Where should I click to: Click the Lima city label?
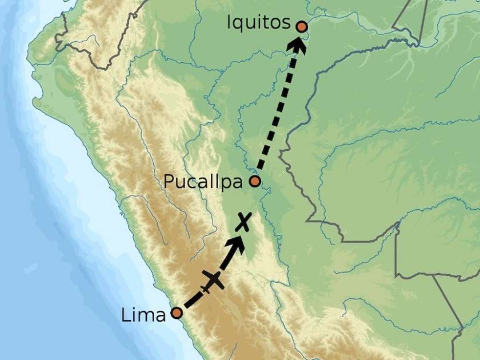143,315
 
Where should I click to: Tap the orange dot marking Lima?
177,313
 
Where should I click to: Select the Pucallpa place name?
204,182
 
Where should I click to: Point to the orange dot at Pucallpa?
255,182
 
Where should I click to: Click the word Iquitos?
258,23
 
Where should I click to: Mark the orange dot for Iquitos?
302,26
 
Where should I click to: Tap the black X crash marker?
244,221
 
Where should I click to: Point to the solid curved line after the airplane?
226,262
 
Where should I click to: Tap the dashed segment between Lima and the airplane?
193,300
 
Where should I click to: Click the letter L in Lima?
125,315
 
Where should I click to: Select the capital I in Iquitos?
229,22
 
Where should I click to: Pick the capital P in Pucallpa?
168,181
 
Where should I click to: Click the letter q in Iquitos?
239,25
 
